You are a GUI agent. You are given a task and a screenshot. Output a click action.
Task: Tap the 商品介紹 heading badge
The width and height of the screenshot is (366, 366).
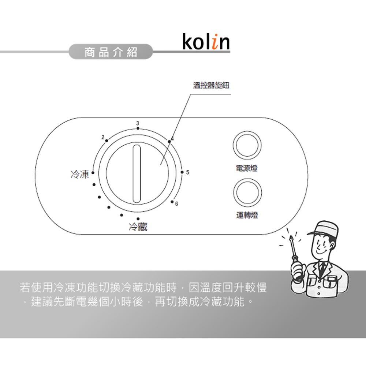pos(111,52)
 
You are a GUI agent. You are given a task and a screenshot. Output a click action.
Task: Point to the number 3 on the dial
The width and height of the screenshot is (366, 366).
pos(138,122)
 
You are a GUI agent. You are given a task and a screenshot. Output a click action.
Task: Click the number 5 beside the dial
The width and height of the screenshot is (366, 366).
pos(188,172)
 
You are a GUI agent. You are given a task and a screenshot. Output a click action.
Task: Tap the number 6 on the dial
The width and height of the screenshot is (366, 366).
pos(176,203)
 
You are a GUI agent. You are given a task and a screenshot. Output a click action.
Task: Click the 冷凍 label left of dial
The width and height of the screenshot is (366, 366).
pos(79,174)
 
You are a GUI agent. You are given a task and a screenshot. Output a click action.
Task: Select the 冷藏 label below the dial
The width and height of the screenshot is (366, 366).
pos(138,227)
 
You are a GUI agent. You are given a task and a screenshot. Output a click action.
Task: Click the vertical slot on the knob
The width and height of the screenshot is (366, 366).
pos(137,173)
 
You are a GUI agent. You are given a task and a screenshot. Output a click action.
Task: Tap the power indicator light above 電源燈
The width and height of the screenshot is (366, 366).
pos(247,145)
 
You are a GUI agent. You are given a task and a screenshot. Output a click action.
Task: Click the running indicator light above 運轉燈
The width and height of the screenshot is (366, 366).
pos(247,193)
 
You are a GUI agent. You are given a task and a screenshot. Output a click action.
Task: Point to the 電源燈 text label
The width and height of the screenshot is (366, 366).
pos(247,168)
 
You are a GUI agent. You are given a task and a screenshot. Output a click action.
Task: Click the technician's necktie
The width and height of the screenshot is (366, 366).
pos(322,269)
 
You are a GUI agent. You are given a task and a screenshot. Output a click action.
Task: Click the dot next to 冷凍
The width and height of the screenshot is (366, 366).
pos(93,173)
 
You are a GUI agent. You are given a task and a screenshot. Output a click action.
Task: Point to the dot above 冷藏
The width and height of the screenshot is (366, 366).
pos(138,219)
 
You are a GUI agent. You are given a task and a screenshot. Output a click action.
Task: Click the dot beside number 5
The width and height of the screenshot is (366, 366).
pos(182,172)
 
